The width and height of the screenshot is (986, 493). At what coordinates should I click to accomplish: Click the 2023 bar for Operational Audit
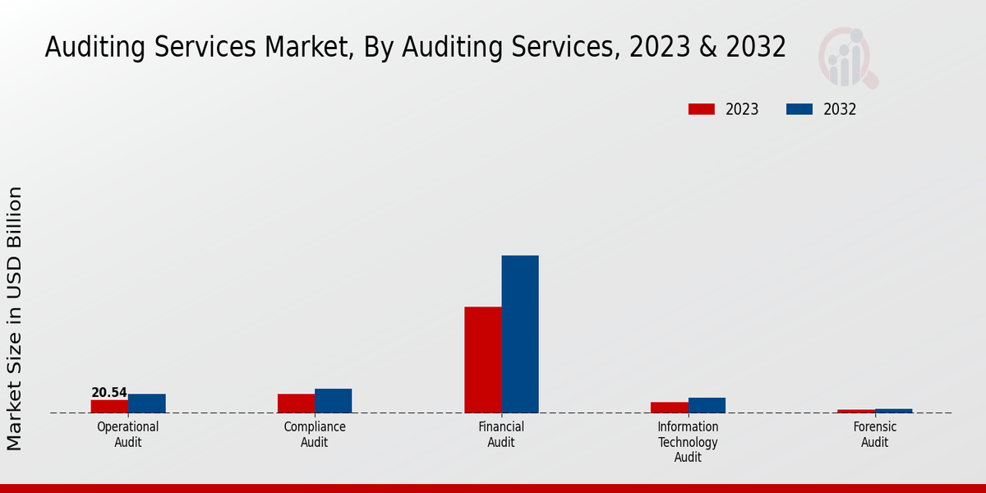[109, 406]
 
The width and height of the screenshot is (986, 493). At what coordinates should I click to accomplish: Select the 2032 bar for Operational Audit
[146, 403]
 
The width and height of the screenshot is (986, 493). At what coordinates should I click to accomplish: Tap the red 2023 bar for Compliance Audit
[296, 403]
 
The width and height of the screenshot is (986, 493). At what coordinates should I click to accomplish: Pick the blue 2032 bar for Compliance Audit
[333, 401]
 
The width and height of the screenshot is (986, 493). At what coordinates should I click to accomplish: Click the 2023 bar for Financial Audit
[482, 360]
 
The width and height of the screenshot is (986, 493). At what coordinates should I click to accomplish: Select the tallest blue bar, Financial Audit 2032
[520, 334]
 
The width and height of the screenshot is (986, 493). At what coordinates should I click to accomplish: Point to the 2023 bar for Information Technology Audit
[669, 408]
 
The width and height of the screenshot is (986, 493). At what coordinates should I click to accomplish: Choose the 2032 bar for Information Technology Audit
[707, 405]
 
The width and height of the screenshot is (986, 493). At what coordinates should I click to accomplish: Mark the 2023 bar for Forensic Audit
[856, 411]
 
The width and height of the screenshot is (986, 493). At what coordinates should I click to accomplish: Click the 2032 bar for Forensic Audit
[893, 411]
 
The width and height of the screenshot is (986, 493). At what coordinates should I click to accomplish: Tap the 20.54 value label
[109, 393]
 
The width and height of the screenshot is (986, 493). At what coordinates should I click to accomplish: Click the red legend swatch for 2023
[701, 109]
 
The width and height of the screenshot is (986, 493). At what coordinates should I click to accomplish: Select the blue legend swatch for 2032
[799, 109]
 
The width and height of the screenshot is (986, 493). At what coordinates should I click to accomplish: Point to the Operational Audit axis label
[128, 435]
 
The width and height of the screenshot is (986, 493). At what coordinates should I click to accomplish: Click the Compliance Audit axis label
[315, 435]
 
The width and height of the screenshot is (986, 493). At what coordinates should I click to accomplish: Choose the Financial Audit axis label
[501, 435]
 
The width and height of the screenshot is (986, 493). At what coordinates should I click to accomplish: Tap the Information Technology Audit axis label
[688, 442]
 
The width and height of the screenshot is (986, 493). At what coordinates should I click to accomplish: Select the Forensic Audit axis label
[875, 435]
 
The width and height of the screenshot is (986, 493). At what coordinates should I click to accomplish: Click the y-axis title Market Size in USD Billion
[15, 319]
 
